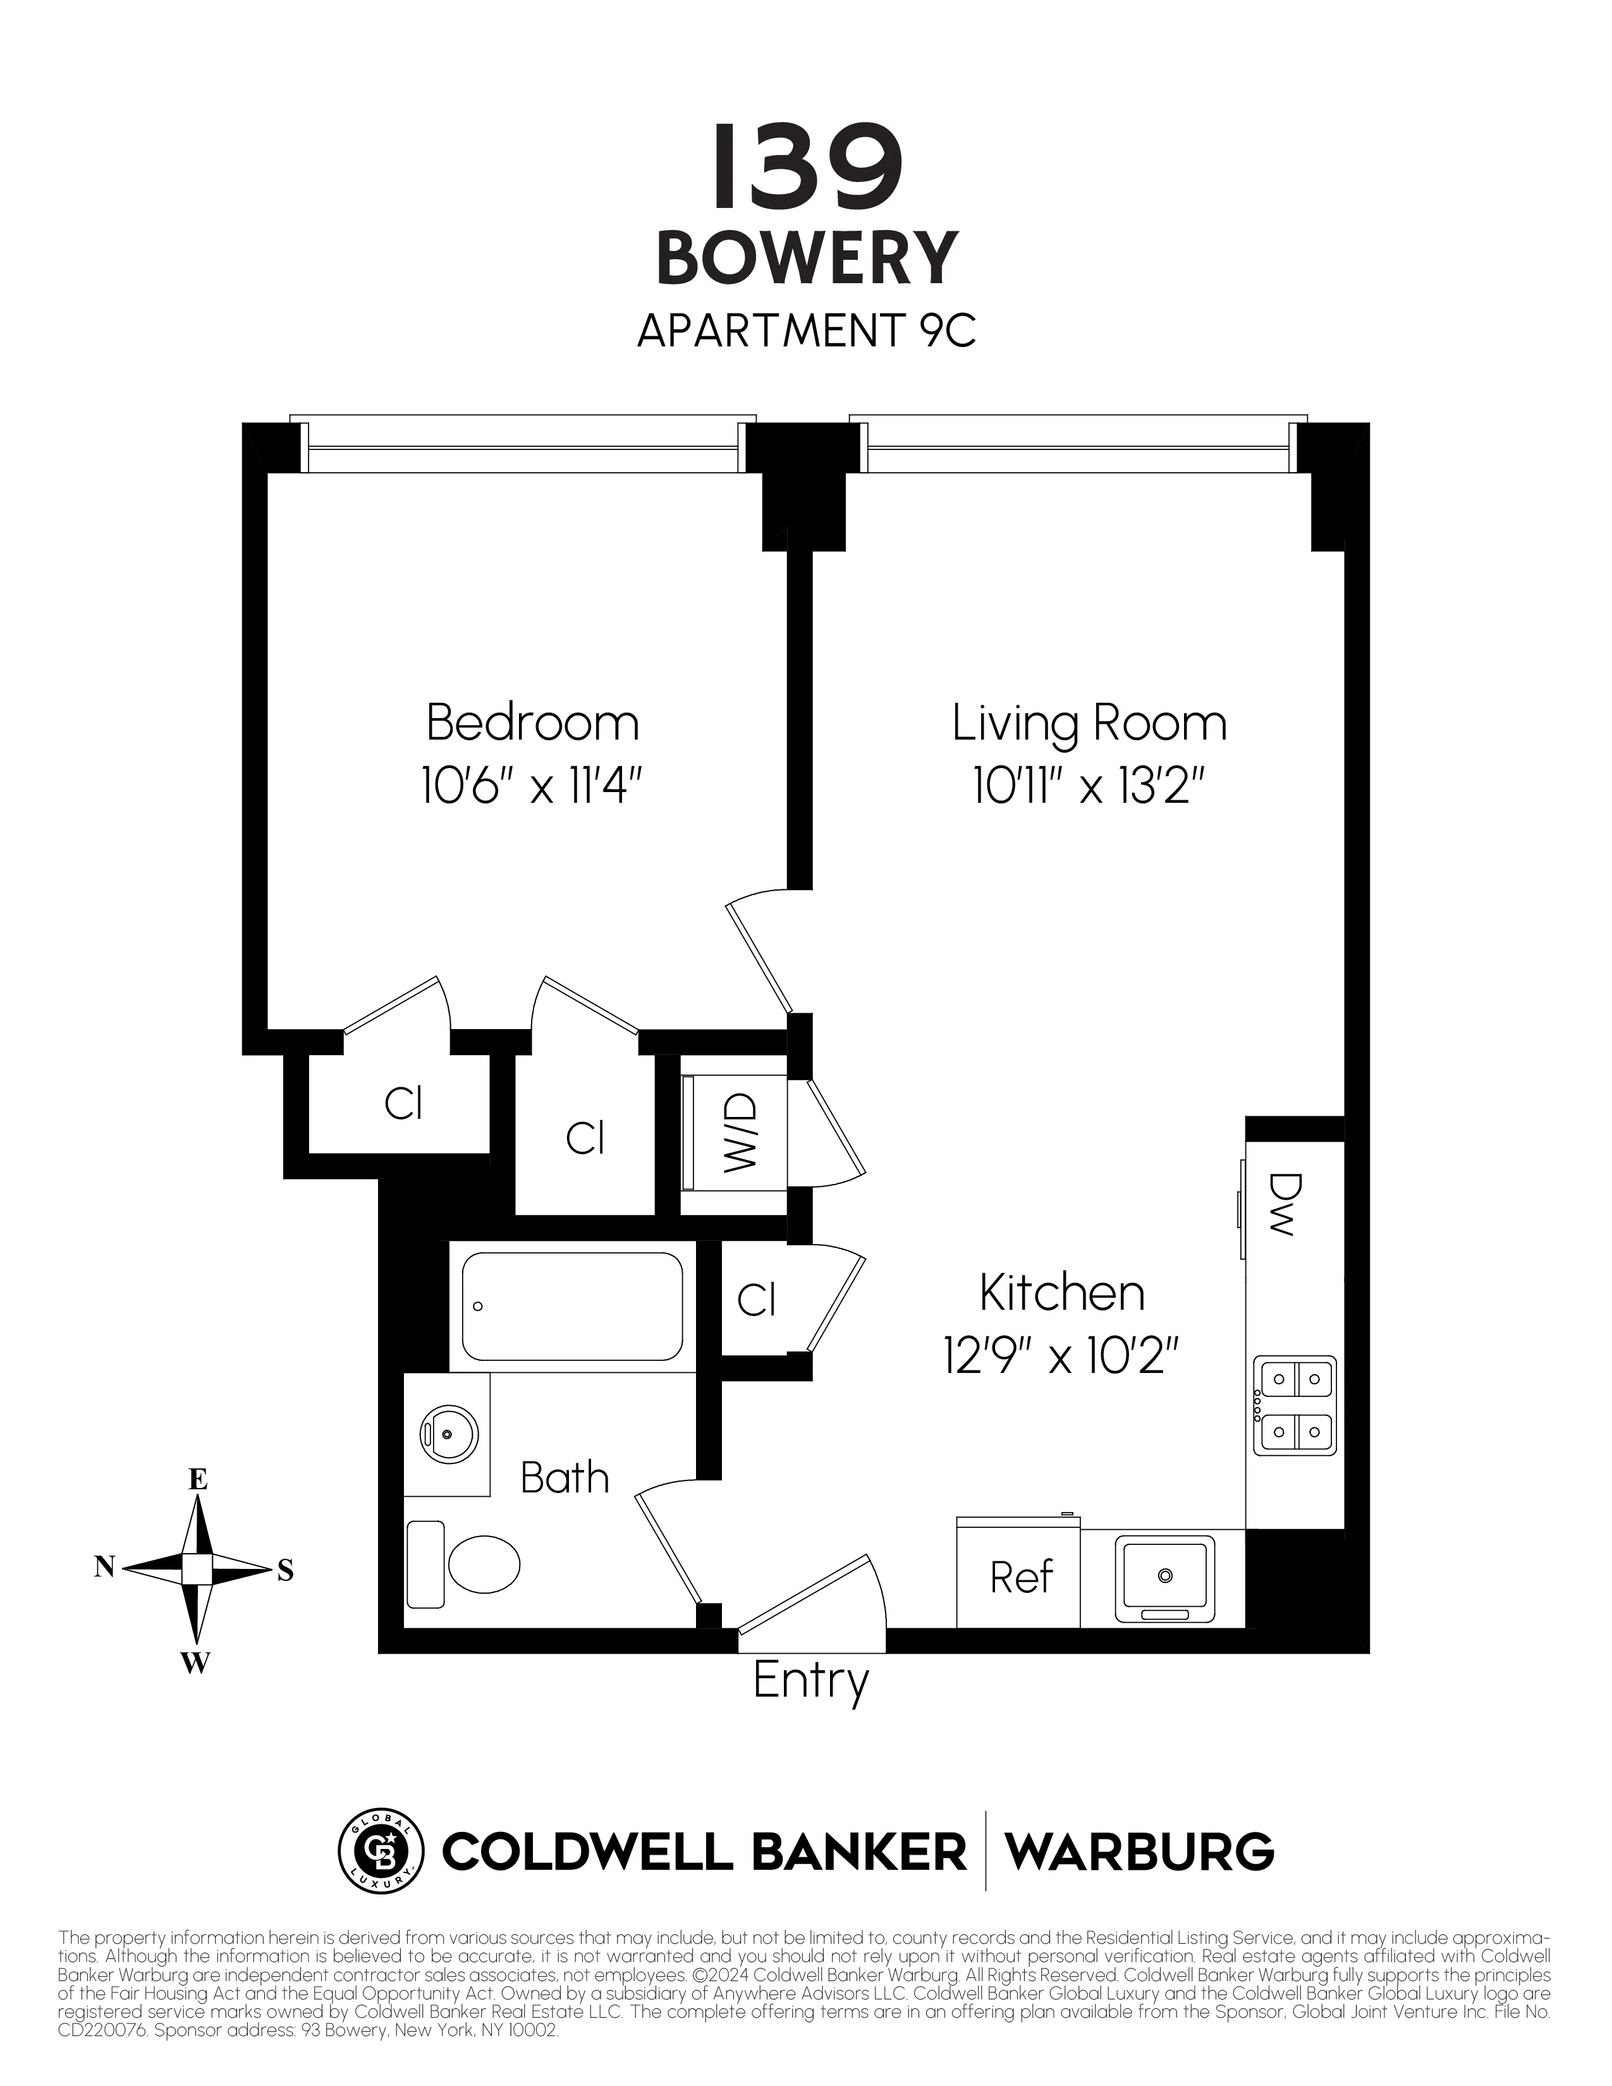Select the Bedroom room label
(x=532, y=723)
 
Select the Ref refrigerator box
(x=1020, y=1578)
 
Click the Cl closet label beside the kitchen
(x=756, y=1300)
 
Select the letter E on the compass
(x=198, y=1480)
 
